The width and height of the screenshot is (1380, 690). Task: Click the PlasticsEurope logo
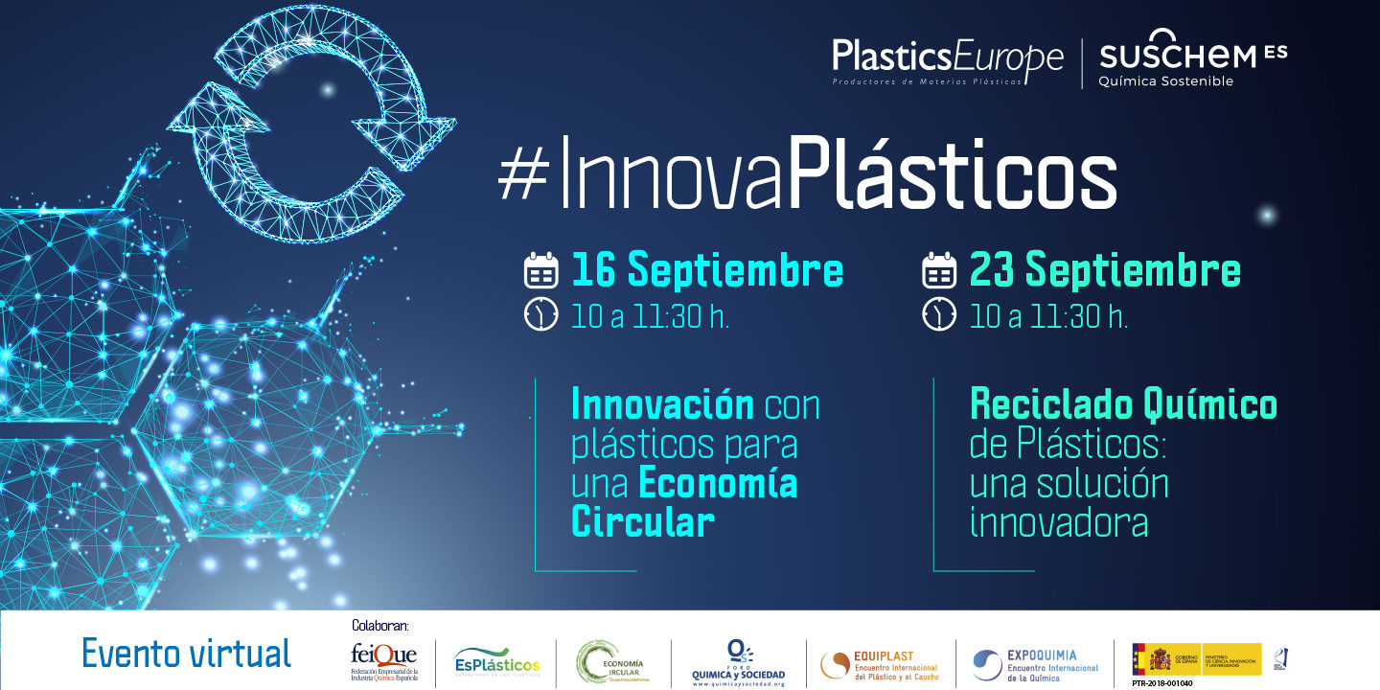tap(947, 60)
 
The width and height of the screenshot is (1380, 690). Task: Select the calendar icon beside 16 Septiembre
tap(541, 271)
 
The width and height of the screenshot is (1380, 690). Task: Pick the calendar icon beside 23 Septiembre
tap(939, 271)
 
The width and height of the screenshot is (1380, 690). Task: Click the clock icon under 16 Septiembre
tap(541, 314)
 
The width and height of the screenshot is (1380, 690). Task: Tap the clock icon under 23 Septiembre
tap(939, 314)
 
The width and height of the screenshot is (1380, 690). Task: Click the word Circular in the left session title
tap(643, 522)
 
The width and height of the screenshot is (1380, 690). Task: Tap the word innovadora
tap(1059, 522)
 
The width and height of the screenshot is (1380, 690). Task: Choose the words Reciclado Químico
tap(1123, 404)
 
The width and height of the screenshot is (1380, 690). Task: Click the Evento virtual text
tap(186, 654)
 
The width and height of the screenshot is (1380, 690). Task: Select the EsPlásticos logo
tap(496, 662)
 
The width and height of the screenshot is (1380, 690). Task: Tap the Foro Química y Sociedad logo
tap(738, 661)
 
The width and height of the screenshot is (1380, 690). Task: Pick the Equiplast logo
tap(880, 662)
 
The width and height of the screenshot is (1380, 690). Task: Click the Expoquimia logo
tap(1036, 662)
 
